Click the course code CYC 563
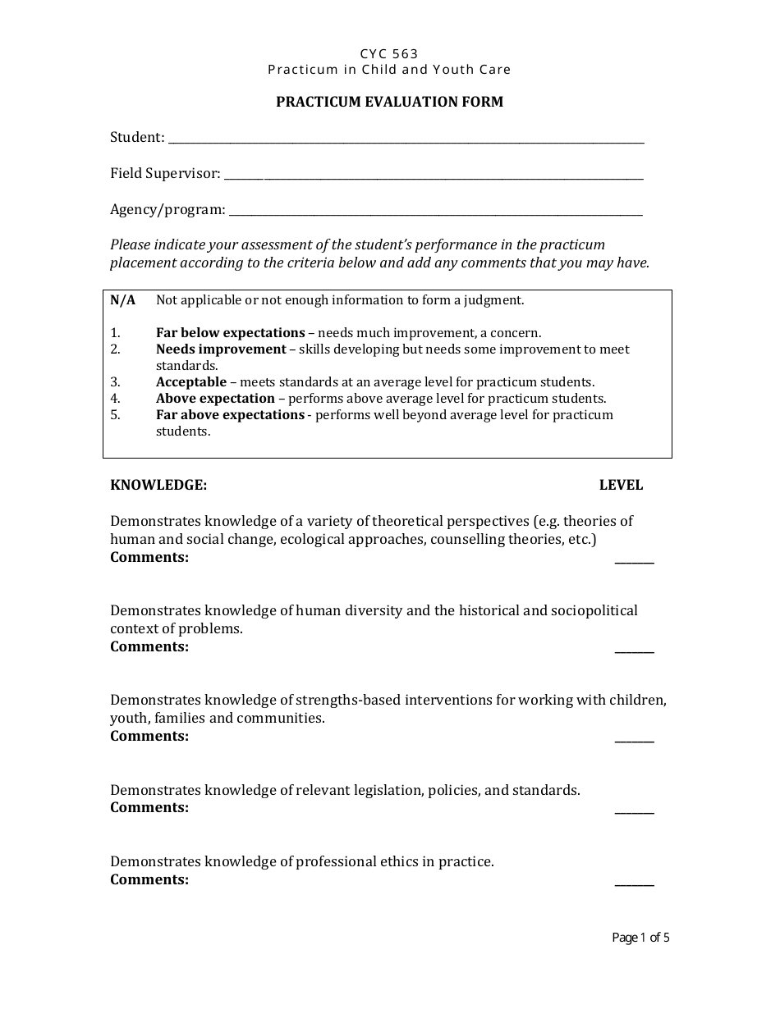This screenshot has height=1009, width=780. click(x=389, y=54)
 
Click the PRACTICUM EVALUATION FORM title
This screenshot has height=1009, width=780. click(x=389, y=102)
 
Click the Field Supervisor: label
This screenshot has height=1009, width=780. click(x=165, y=173)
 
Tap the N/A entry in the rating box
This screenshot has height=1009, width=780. click(x=123, y=300)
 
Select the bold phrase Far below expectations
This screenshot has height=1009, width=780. click(x=230, y=333)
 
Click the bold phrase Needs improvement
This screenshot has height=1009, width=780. click(x=221, y=349)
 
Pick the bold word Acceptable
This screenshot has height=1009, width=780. click(x=191, y=382)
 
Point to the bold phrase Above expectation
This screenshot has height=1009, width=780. click(x=215, y=399)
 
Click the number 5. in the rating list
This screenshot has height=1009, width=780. click(x=116, y=415)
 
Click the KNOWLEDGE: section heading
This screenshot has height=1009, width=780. click(x=158, y=485)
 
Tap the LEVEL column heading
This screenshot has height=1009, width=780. click(x=621, y=485)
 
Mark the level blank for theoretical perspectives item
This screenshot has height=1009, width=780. click(x=634, y=560)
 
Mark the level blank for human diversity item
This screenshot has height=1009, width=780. click(x=634, y=650)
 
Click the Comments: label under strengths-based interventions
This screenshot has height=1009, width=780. click(x=149, y=736)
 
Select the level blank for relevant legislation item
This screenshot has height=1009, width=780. click(x=634, y=810)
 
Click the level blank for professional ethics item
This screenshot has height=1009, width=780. click(x=634, y=883)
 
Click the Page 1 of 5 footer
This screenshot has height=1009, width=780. click(x=640, y=938)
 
